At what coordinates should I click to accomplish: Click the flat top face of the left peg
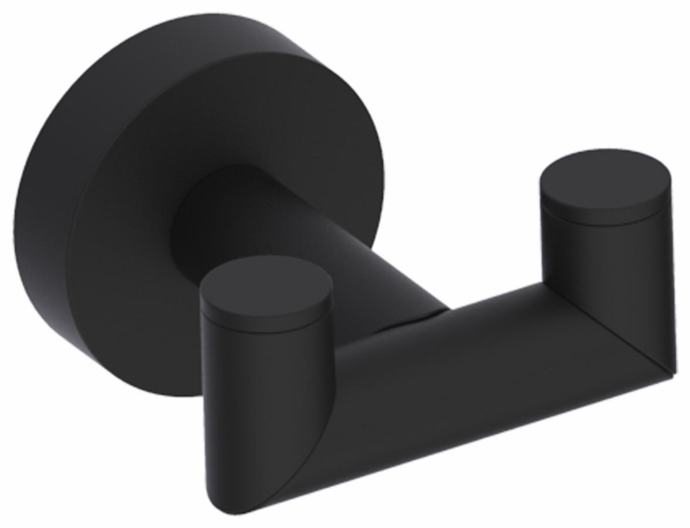point(266,283)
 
